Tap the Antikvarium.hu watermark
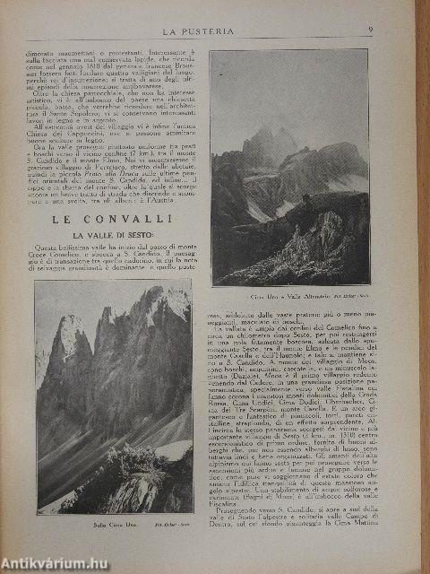coord(54,563)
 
